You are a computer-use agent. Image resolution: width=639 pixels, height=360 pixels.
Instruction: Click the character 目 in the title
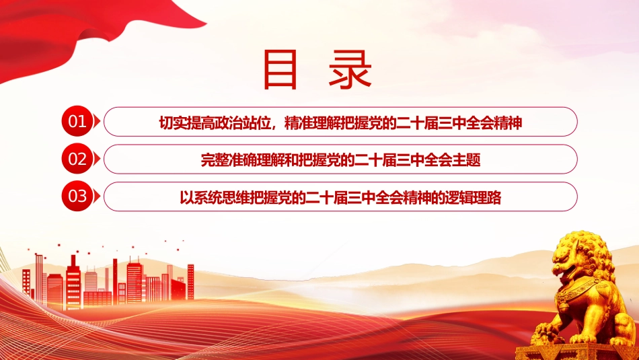click(x=280, y=69)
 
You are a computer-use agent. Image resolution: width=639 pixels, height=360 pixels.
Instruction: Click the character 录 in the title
click(x=350, y=69)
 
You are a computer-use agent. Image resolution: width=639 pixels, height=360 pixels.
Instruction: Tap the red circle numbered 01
click(x=77, y=122)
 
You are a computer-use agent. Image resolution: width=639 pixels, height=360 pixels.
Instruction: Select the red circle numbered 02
click(x=77, y=159)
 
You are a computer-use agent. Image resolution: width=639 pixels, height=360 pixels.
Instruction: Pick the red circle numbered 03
click(x=77, y=196)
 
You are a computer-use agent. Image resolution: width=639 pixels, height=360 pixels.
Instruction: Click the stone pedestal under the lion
click(x=576, y=351)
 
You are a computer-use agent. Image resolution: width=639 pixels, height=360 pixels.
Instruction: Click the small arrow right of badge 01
click(x=97, y=122)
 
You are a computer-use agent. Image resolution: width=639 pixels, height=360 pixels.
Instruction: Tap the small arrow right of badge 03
click(x=97, y=196)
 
